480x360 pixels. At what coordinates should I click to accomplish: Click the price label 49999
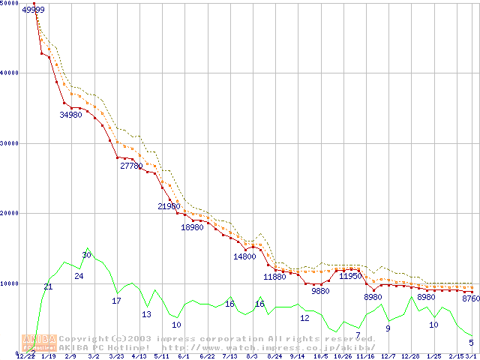click(33, 10)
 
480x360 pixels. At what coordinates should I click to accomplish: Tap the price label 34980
click(70, 115)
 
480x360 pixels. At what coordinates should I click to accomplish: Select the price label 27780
click(131, 166)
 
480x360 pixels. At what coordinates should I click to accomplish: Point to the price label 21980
click(169, 206)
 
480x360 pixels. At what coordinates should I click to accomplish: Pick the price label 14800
click(244, 256)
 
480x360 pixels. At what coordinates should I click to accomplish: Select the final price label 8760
click(471, 298)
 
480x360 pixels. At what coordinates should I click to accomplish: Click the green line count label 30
click(86, 256)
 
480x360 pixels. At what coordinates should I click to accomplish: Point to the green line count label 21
click(48, 286)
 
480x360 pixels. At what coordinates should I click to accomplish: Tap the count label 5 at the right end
click(471, 343)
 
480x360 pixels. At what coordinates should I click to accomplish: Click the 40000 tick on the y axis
click(10, 73)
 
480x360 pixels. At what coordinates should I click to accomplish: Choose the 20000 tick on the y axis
click(10, 213)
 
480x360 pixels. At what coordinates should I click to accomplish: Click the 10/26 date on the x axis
click(343, 357)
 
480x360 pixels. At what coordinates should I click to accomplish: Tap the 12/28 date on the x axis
click(410, 357)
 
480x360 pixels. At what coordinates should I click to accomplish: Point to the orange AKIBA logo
click(40, 343)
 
